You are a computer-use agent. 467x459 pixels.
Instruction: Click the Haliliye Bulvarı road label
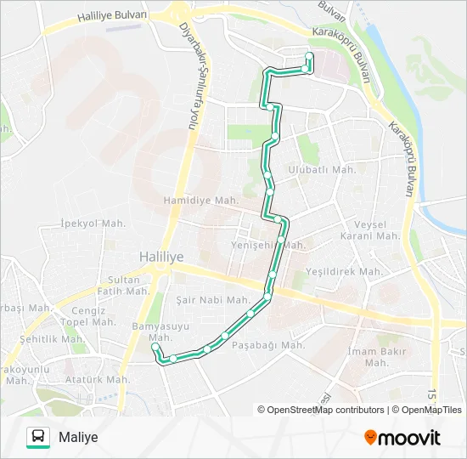(111, 16)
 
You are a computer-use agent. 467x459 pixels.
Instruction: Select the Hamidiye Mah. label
(200, 201)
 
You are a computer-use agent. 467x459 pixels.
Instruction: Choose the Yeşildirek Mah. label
(346, 272)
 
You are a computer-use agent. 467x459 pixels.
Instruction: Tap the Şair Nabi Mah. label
(212, 300)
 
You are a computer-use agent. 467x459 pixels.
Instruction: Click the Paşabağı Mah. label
(268, 345)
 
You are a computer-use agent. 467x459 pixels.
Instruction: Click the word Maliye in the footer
(79, 437)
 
